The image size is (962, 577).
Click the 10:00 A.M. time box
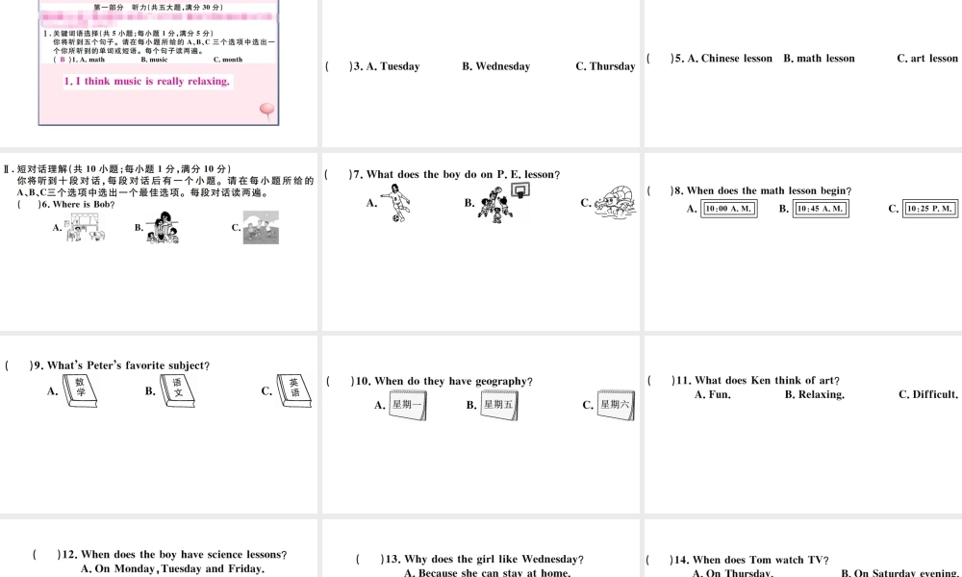729,209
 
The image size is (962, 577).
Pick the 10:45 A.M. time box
823,209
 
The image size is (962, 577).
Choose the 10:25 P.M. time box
931,209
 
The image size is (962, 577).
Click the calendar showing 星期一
408,404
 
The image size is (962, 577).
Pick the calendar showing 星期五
499,404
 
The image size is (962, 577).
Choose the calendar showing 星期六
616,404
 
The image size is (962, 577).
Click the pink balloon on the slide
267,112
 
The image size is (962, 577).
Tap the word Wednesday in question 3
502,66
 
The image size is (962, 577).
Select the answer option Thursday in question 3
612,66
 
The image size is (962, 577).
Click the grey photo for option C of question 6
261,228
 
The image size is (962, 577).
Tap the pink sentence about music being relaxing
147,82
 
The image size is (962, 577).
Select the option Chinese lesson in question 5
737,59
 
